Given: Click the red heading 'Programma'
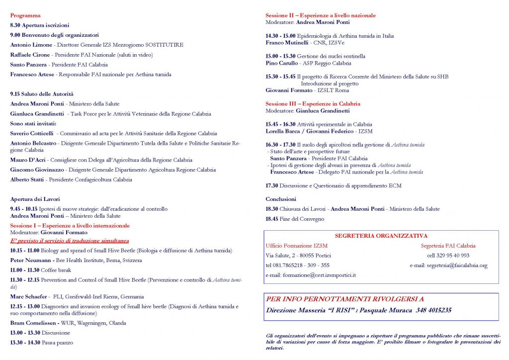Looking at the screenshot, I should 25,15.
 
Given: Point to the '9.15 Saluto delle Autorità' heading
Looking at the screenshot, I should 42,93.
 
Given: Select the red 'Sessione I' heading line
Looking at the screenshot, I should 70,226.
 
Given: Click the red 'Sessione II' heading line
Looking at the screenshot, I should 320,15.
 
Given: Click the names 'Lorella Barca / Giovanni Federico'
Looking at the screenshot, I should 307,131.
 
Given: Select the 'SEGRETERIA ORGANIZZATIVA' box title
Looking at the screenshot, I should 381,236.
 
